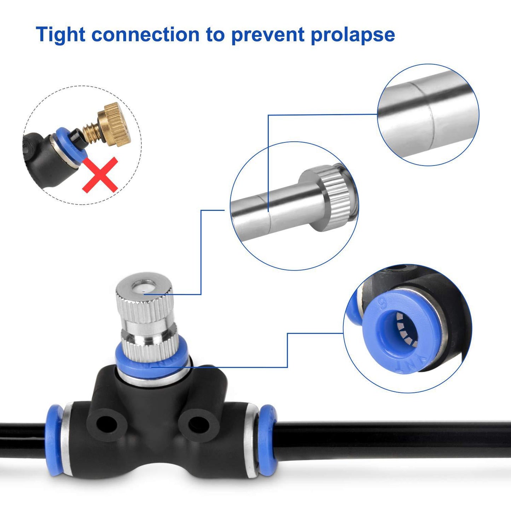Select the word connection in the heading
(x=145, y=35)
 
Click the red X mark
(x=100, y=174)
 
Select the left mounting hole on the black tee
(x=106, y=424)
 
